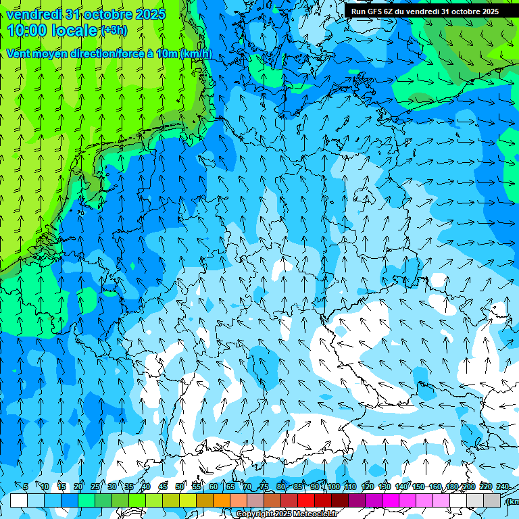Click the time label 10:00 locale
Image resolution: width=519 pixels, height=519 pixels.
pyautogui.click(x=53, y=30)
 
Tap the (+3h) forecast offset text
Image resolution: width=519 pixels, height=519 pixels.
pyautogui.click(x=113, y=30)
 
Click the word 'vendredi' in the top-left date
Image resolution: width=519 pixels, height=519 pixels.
pyautogui.click(x=34, y=14)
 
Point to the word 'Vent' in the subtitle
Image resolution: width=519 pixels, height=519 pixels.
pyautogui.click(x=19, y=54)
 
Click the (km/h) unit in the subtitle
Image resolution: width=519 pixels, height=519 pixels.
pyautogui.click(x=196, y=54)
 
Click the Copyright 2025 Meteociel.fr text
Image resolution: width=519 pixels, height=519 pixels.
pyautogui.click(x=287, y=514)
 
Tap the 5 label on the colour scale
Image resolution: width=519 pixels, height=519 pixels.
pyautogui.click(x=26, y=487)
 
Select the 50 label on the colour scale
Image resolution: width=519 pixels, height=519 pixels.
pyautogui.click(x=180, y=487)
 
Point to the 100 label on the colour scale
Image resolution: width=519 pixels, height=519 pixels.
pyautogui.click(x=334, y=487)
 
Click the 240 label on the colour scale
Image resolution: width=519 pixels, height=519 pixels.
pyautogui.click(x=503, y=487)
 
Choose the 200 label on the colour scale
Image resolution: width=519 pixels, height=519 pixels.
pyautogui.click(x=468, y=487)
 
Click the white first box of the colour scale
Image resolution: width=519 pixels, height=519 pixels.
pyautogui.click(x=19, y=500)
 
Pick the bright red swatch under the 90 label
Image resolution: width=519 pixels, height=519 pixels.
pyautogui.click(x=306, y=500)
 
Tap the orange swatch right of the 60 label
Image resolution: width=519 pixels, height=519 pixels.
pyautogui.click(x=222, y=500)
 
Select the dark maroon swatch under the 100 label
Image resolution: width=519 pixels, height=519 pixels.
pyautogui.click(x=340, y=500)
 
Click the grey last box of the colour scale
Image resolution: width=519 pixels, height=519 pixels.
pyautogui.click(x=492, y=500)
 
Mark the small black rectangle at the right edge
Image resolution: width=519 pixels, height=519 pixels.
pyautogui.click(x=499, y=310)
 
